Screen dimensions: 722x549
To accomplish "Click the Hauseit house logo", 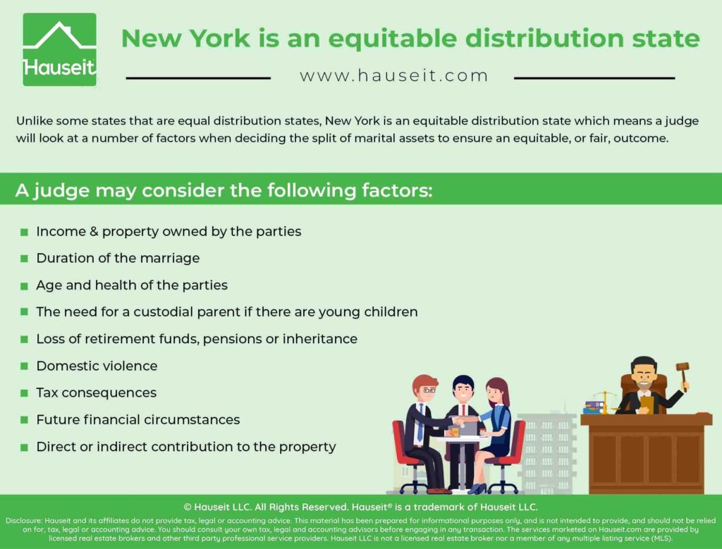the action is click(x=59, y=49).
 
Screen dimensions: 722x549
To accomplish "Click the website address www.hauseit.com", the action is click(x=394, y=75).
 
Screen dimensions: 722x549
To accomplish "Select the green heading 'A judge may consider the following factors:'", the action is click(x=224, y=190).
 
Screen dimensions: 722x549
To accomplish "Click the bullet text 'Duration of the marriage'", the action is click(x=118, y=258).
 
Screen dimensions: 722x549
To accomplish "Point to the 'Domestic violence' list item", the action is click(x=97, y=366).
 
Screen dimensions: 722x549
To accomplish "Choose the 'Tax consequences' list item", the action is click(x=96, y=393).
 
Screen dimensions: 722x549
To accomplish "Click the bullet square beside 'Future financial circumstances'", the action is click(x=25, y=420).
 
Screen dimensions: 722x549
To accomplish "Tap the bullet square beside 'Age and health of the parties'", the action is click(x=25, y=285).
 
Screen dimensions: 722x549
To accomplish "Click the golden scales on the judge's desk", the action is click(x=604, y=402).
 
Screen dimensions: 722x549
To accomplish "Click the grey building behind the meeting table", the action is click(x=548, y=451).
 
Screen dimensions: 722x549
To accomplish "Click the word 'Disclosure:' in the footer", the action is click(x=24, y=521).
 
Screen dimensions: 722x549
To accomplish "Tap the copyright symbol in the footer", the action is click(x=188, y=507).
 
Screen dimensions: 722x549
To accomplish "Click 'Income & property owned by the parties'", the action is click(x=169, y=231).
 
